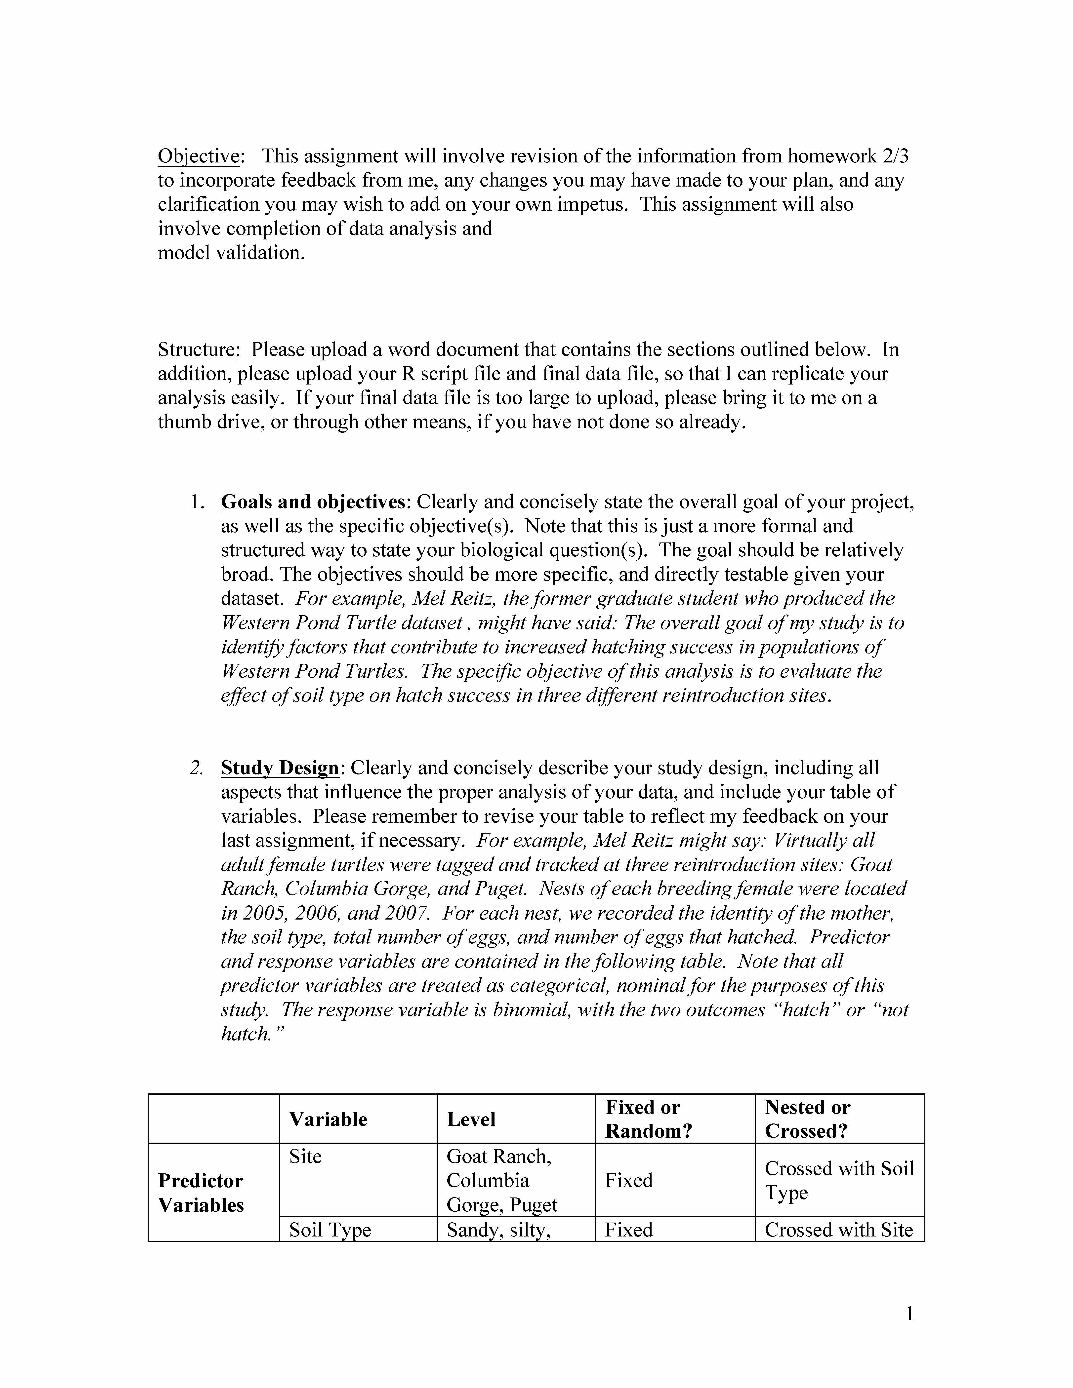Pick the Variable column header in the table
tap(328, 1119)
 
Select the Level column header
tap(471, 1119)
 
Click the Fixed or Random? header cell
tap(648, 1119)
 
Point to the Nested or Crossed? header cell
tap(807, 1119)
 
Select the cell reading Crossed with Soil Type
tap(839, 1180)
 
